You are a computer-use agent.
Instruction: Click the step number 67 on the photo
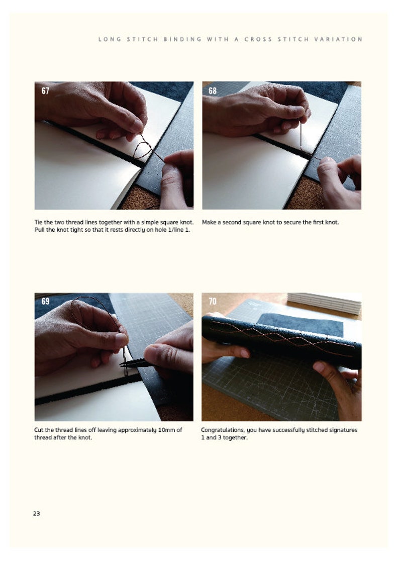tap(45, 91)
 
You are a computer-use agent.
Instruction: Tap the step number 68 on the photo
tap(213, 91)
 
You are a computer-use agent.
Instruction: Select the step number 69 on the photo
tap(45, 302)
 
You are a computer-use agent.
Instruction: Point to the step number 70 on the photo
tap(213, 302)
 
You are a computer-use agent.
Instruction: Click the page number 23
tap(36, 513)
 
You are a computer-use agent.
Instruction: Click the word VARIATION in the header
tap(344, 39)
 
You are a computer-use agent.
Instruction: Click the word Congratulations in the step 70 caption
tap(224, 430)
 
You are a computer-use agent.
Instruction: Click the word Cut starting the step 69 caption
tap(40, 430)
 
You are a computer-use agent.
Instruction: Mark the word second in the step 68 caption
tap(236, 222)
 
